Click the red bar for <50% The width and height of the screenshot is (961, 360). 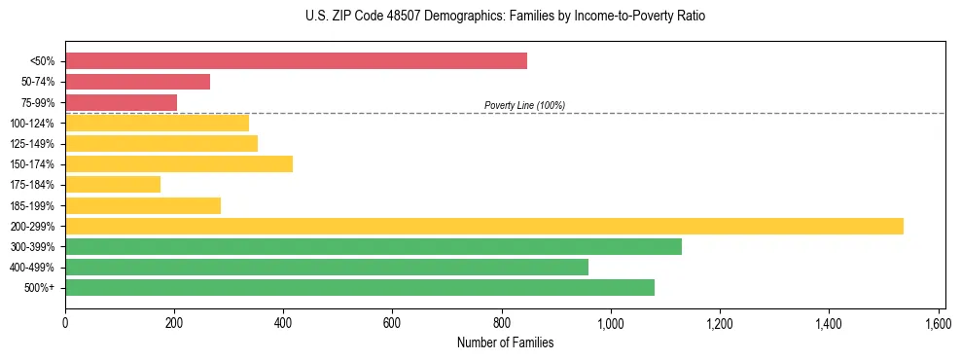296,61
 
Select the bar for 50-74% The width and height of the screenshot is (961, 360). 137,82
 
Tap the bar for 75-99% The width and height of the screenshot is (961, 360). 121,102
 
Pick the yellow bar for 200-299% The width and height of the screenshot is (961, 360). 483,226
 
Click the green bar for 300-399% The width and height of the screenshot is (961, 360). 373,246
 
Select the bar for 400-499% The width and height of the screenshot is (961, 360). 326,267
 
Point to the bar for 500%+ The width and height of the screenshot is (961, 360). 359,287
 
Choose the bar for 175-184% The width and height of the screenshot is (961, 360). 113,185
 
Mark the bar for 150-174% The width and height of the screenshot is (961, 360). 179,163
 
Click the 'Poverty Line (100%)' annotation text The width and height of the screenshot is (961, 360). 524,105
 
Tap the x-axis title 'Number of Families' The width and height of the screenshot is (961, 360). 505,342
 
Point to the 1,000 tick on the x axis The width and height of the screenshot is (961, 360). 611,322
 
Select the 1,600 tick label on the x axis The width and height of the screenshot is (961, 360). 938,322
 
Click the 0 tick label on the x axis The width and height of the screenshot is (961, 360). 65,322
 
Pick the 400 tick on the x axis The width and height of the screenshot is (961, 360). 283,322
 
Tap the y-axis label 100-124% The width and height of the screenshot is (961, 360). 32,124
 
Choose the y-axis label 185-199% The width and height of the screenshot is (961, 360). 32,205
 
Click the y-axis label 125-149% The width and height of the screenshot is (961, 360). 32,144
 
